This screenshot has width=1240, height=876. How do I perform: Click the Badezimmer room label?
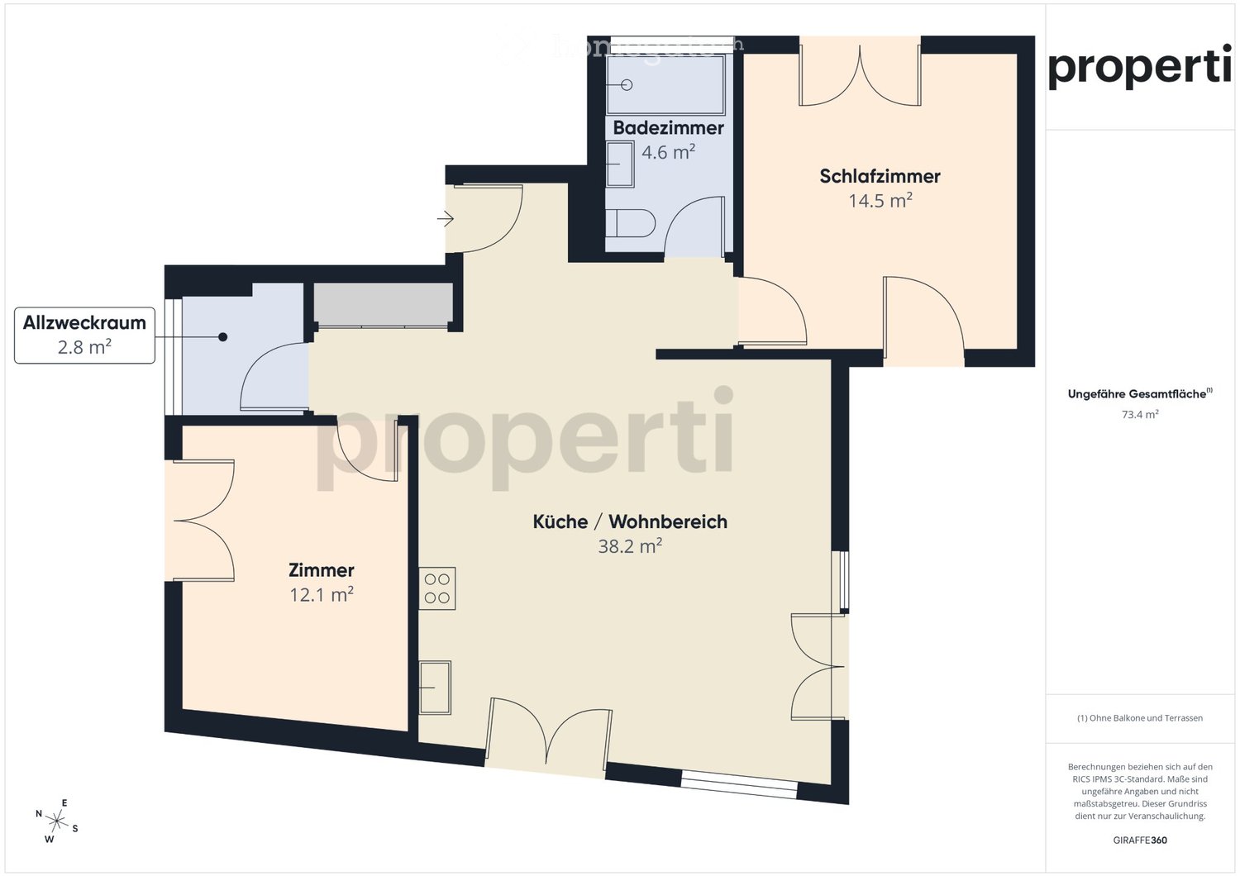668,128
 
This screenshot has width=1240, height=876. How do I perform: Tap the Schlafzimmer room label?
880,176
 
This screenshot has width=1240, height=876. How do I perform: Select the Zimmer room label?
321,570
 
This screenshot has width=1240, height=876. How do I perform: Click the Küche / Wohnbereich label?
630,521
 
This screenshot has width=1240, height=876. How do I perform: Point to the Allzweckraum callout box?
84,335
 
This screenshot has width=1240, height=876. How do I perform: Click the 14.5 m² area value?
880,201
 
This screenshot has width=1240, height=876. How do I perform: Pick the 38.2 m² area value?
630,546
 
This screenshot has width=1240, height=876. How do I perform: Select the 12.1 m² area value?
321,595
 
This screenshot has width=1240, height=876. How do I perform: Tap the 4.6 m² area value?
668,153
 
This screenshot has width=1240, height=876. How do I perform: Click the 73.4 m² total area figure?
1139,415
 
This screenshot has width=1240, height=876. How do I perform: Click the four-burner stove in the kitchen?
436,588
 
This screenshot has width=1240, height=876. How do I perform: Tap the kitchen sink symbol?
435,687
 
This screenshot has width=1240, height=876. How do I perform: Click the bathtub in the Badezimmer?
665,84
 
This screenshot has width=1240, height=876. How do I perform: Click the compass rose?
56,821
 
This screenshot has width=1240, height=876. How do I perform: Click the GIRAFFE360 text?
1139,840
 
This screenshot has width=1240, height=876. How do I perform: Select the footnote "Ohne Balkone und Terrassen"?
1139,718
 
